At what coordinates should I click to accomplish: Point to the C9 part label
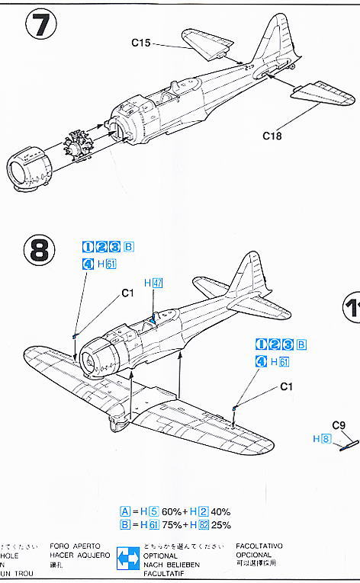tap(339, 426)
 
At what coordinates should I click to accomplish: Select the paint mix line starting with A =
tap(175, 511)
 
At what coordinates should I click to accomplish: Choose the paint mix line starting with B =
tap(175, 525)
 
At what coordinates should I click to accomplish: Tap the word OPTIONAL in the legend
tap(164, 556)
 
